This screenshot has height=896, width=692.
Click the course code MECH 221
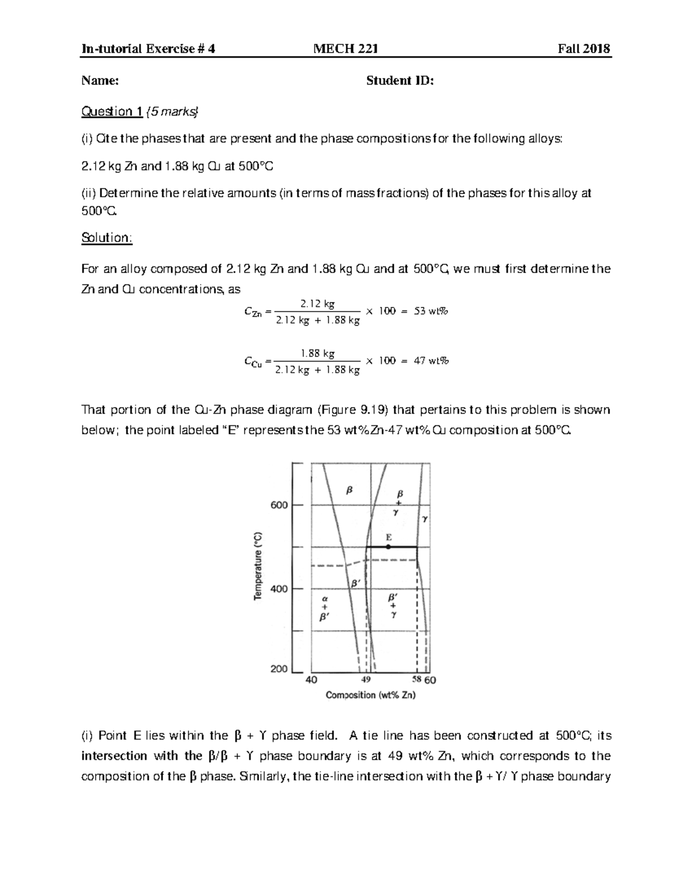(345, 48)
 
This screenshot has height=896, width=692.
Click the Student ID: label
(400, 80)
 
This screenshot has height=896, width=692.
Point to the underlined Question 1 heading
(112, 111)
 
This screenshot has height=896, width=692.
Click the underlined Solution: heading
(107, 238)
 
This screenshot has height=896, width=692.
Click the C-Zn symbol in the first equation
(253, 313)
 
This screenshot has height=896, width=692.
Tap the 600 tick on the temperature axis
(279, 505)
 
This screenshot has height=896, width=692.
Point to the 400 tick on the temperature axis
(279, 589)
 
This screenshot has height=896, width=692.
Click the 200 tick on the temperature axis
(279, 669)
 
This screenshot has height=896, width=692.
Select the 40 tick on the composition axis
(311, 680)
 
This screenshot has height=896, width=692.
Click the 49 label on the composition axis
(366, 680)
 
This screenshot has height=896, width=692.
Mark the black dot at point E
(388, 546)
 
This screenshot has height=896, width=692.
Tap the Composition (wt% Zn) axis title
(371, 695)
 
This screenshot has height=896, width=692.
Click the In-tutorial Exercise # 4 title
(149, 48)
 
